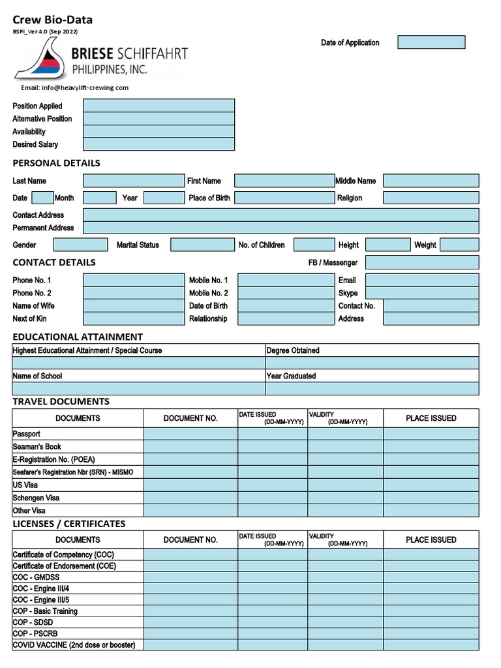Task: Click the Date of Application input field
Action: point(431,42)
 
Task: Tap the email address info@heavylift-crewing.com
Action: point(74,87)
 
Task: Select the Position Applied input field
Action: point(159,106)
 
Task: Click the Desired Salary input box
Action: point(159,144)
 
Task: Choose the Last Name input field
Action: point(134,181)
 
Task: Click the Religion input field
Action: point(431,198)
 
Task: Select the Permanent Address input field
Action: point(281,228)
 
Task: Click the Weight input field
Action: point(459,245)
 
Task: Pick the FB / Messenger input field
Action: point(422,262)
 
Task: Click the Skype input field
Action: point(422,293)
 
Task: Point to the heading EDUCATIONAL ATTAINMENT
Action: point(78,337)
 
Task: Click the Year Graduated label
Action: point(292,376)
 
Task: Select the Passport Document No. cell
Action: point(190,434)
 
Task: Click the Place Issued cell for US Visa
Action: point(431,485)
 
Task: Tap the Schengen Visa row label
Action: point(36,498)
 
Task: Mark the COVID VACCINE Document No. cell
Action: point(190,645)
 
